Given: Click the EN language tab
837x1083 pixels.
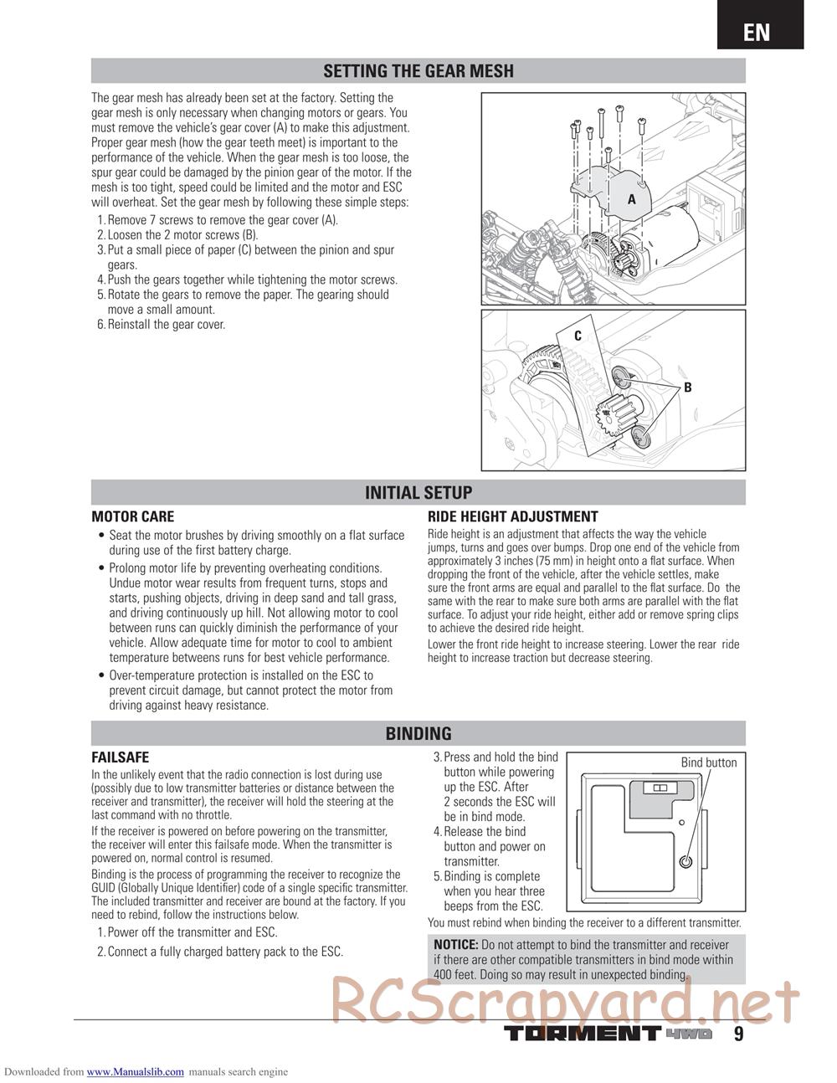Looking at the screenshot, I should click(757, 31).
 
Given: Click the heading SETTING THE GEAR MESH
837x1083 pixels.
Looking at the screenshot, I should click(418, 71).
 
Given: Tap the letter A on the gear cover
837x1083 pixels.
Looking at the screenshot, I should click(632, 199).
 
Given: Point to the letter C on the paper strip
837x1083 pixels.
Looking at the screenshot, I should click(578, 336).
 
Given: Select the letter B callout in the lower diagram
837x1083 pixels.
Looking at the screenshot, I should click(687, 388).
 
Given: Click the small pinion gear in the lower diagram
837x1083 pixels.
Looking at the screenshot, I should click(608, 413).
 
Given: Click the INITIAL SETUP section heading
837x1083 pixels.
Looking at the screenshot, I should click(418, 493).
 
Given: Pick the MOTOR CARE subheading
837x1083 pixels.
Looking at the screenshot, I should click(132, 516).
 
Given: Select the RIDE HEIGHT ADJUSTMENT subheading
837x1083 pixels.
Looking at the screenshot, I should click(512, 516).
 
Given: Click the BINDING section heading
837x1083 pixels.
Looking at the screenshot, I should click(418, 734).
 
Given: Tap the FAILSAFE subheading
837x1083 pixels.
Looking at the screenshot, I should click(120, 757).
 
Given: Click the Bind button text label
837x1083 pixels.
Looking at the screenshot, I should click(708, 762).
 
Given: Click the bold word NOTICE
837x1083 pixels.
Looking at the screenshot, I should click(455, 945).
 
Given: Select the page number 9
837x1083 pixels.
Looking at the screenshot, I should click(738, 1034).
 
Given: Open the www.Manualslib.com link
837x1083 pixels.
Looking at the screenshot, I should click(135, 1071).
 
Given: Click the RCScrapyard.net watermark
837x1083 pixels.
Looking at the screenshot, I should click(565, 1002).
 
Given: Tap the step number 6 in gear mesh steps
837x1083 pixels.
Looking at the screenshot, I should click(100, 325).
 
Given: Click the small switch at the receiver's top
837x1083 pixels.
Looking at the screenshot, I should click(657, 788).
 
